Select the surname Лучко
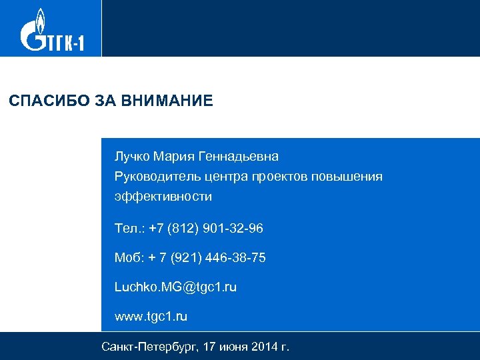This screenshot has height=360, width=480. point(132,157)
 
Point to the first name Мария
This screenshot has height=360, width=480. point(173,157)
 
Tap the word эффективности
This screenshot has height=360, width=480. point(163,197)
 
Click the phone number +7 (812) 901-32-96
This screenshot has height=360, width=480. point(206,229)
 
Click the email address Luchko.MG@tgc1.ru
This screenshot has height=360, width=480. point(175,287)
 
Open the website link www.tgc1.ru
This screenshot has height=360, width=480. point(151,317)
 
